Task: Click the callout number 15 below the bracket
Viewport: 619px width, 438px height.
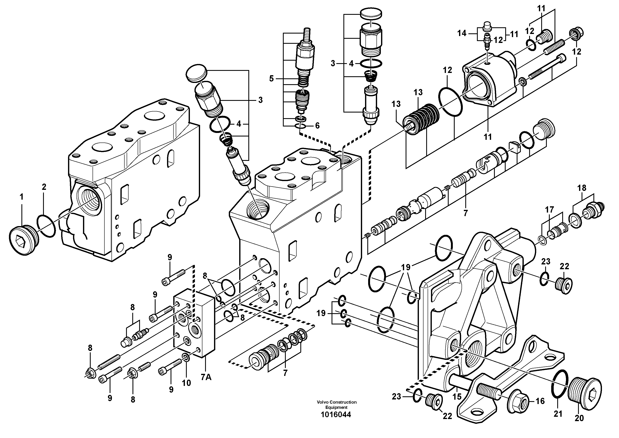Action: pos(457,397)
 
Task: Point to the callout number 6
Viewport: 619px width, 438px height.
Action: pos(317,126)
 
